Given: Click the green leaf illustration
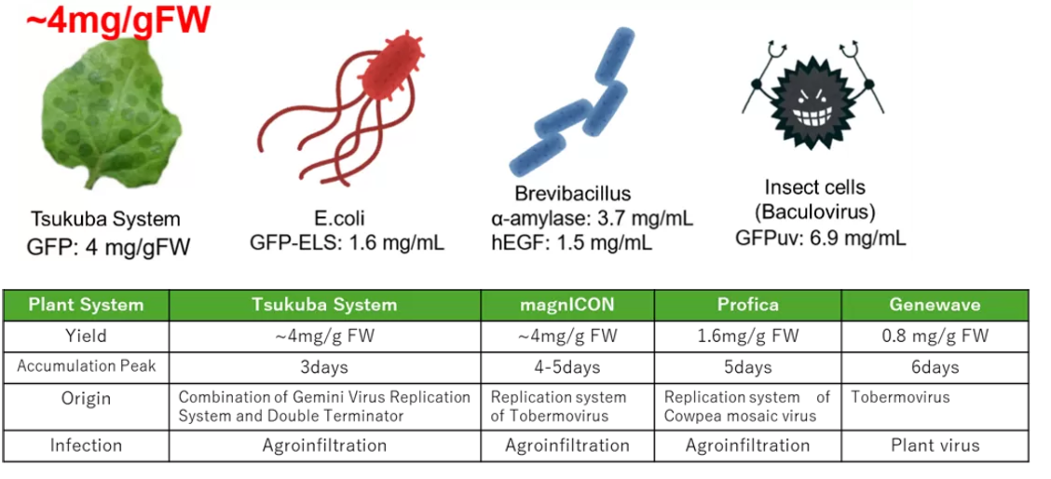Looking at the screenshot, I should click(107, 110).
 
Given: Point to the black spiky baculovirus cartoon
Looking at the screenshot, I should click(815, 98).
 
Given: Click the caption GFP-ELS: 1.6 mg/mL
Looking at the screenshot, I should click(348, 243).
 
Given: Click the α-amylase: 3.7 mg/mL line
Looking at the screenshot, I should click(592, 219).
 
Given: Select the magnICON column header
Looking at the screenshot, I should click(567, 305).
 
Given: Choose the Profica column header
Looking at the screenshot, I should click(747, 305).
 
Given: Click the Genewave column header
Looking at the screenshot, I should click(935, 305).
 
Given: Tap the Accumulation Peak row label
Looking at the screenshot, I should click(85, 366).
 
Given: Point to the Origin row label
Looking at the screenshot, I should click(85, 399).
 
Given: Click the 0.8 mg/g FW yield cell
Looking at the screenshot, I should click(935, 335).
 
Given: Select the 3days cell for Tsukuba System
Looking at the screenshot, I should click(324, 366).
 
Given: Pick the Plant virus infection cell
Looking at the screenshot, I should click(935, 445).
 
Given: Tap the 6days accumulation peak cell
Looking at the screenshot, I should click(935, 366).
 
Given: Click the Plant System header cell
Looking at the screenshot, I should click(85, 305).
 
